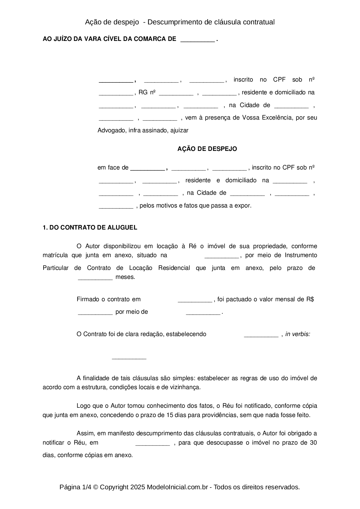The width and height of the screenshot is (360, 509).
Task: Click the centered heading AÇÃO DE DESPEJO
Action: coord(207,149)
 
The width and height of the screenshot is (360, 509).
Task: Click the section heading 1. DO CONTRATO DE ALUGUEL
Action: coord(90,228)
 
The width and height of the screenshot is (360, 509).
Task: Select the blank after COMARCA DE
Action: coord(197,40)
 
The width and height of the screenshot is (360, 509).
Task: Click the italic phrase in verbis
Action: coord(298,334)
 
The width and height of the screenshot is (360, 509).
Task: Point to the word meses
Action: coord(125,277)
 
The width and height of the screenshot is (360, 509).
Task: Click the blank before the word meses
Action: coord(95,278)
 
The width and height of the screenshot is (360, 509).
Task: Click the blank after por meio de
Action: coord(203,313)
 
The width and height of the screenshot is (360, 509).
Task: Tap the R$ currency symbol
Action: coord(310,299)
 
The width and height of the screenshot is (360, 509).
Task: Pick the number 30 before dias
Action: coord(313,443)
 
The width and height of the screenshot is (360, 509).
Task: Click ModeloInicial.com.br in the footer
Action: coord(177,487)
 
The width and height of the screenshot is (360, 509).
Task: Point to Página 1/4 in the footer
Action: coord(75,487)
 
